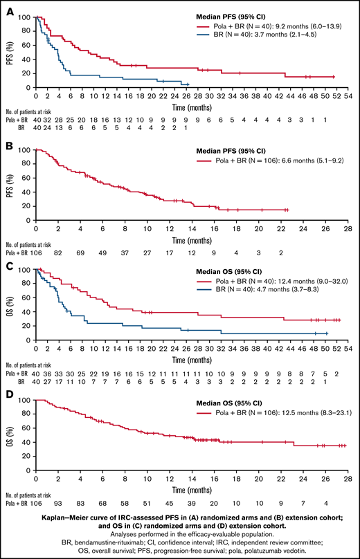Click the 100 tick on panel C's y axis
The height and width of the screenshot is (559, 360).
click(x=26, y=270)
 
